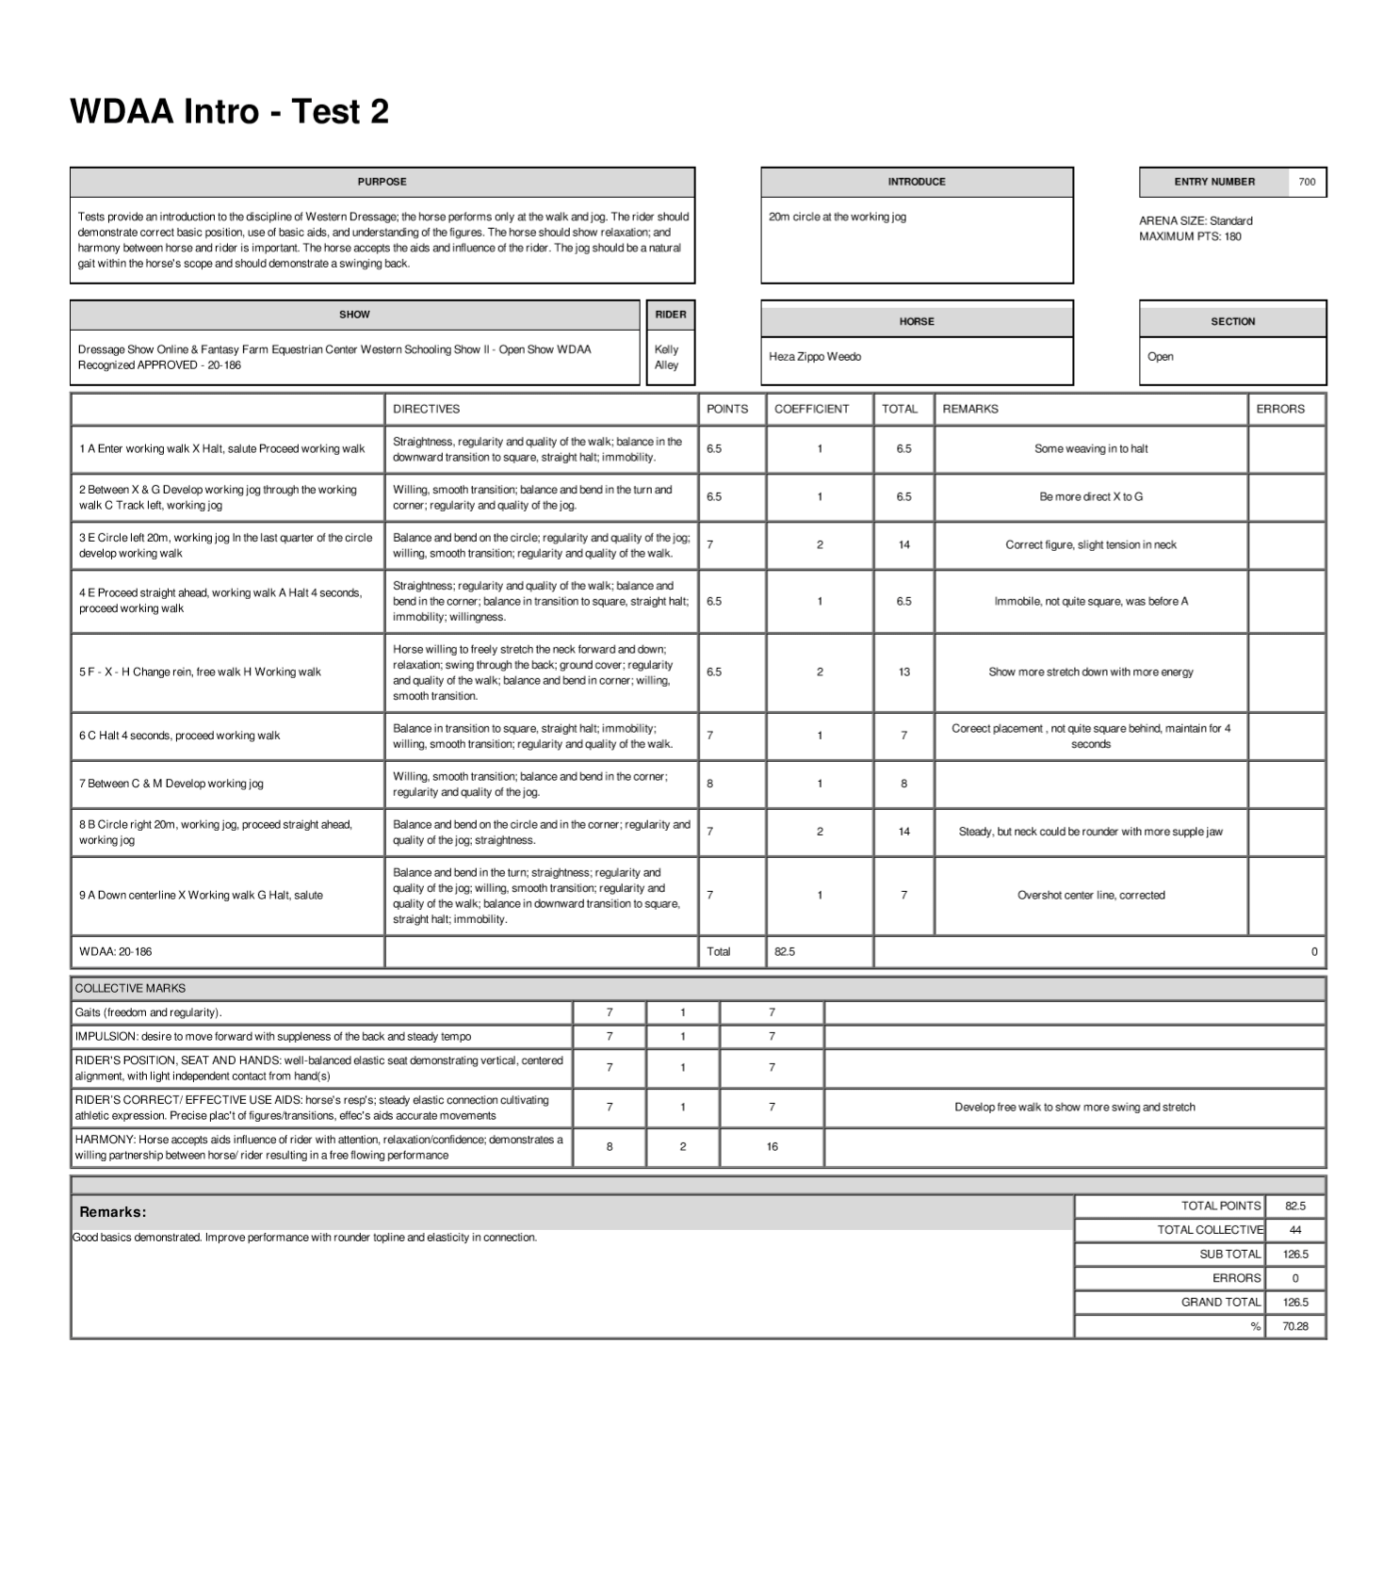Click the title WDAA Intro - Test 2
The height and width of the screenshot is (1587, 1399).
[x=229, y=112]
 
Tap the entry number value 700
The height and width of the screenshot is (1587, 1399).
[x=1307, y=182]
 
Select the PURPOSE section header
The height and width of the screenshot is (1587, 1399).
[x=382, y=182]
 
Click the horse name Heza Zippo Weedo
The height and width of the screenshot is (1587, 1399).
[x=815, y=357]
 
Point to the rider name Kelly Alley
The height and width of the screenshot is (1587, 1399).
[x=666, y=357]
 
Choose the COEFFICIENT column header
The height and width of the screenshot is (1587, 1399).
[x=811, y=409]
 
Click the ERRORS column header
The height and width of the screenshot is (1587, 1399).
[x=1280, y=409]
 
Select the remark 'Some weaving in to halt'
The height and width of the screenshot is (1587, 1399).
[x=1091, y=449]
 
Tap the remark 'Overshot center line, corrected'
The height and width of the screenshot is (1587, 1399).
[x=1091, y=896]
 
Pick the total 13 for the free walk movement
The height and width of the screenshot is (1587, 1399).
[x=903, y=672]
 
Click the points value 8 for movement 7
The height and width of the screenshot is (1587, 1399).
[x=710, y=784]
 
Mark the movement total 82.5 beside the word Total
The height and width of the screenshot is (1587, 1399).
[x=785, y=952]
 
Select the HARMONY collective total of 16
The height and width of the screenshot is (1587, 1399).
[x=772, y=1147]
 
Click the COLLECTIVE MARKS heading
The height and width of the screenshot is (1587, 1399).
[x=130, y=988]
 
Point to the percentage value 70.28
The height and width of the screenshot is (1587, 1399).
[x=1295, y=1326]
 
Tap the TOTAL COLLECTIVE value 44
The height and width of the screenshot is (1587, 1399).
[x=1295, y=1230]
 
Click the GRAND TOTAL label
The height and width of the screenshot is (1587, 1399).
[x=1221, y=1303]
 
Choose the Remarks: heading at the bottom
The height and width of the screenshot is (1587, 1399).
[x=113, y=1212]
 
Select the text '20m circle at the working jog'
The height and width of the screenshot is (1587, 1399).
[x=838, y=217]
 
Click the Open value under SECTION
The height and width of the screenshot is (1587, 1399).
[x=1161, y=357]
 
